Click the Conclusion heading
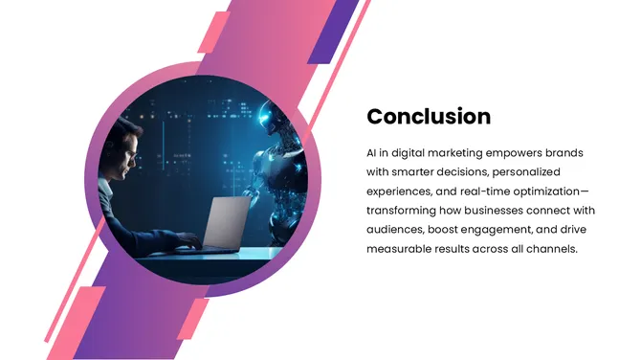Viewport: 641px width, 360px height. pos(429,117)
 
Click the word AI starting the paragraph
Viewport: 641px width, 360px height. pos(371,153)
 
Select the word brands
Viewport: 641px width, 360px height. pos(563,153)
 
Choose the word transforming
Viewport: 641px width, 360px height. pos(406,211)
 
